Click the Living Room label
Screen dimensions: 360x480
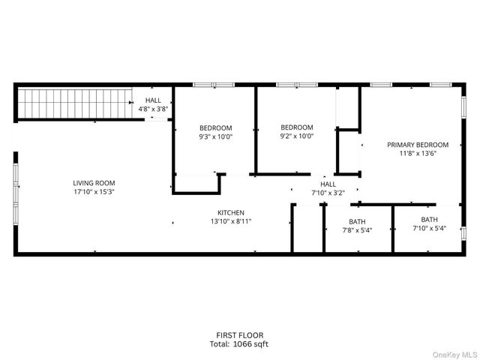tap(94, 183)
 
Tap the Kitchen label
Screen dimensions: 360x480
tap(231, 212)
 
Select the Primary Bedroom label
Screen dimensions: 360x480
tap(418, 145)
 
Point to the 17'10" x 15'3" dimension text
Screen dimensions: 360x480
tap(94, 192)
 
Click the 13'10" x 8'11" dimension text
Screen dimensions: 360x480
tap(231, 221)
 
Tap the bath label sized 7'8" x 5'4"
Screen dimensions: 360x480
tap(356, 221)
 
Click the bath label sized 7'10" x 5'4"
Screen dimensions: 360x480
tap(429, 220)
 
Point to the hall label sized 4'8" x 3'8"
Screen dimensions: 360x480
tap(153, 100)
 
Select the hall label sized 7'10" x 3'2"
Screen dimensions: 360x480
tap(328, 184)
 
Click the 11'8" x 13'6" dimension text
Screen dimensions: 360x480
tap(418, 154)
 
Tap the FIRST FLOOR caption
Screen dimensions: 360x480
tap(238, 335)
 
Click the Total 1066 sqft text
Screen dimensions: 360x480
tap(238, 344)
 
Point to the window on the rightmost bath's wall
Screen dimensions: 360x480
tap(464, 229)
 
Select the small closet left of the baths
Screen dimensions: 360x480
tap(307, 229)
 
